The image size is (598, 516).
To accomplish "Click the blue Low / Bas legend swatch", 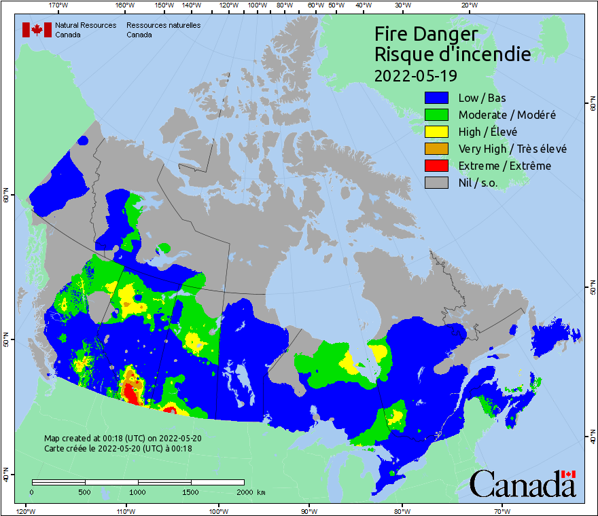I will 436,98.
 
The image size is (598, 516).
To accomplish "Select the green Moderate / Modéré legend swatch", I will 436,115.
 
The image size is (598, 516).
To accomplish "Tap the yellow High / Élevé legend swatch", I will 436,132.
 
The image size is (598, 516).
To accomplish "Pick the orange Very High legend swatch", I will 436,149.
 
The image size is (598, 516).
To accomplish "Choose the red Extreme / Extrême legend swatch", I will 436,166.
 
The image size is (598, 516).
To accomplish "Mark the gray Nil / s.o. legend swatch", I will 436,183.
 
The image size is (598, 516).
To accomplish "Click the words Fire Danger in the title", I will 426,35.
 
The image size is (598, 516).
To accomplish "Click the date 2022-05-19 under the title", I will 415,74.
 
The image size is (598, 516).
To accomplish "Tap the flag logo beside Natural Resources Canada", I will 37,30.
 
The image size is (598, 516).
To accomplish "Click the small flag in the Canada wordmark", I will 569,474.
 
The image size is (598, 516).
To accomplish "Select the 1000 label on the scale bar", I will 138,492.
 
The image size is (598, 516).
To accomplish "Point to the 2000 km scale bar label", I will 250,492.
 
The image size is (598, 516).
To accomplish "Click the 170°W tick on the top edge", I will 59,5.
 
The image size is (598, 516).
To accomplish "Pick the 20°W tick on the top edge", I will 468,5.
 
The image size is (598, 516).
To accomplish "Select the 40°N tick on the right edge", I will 592,440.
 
